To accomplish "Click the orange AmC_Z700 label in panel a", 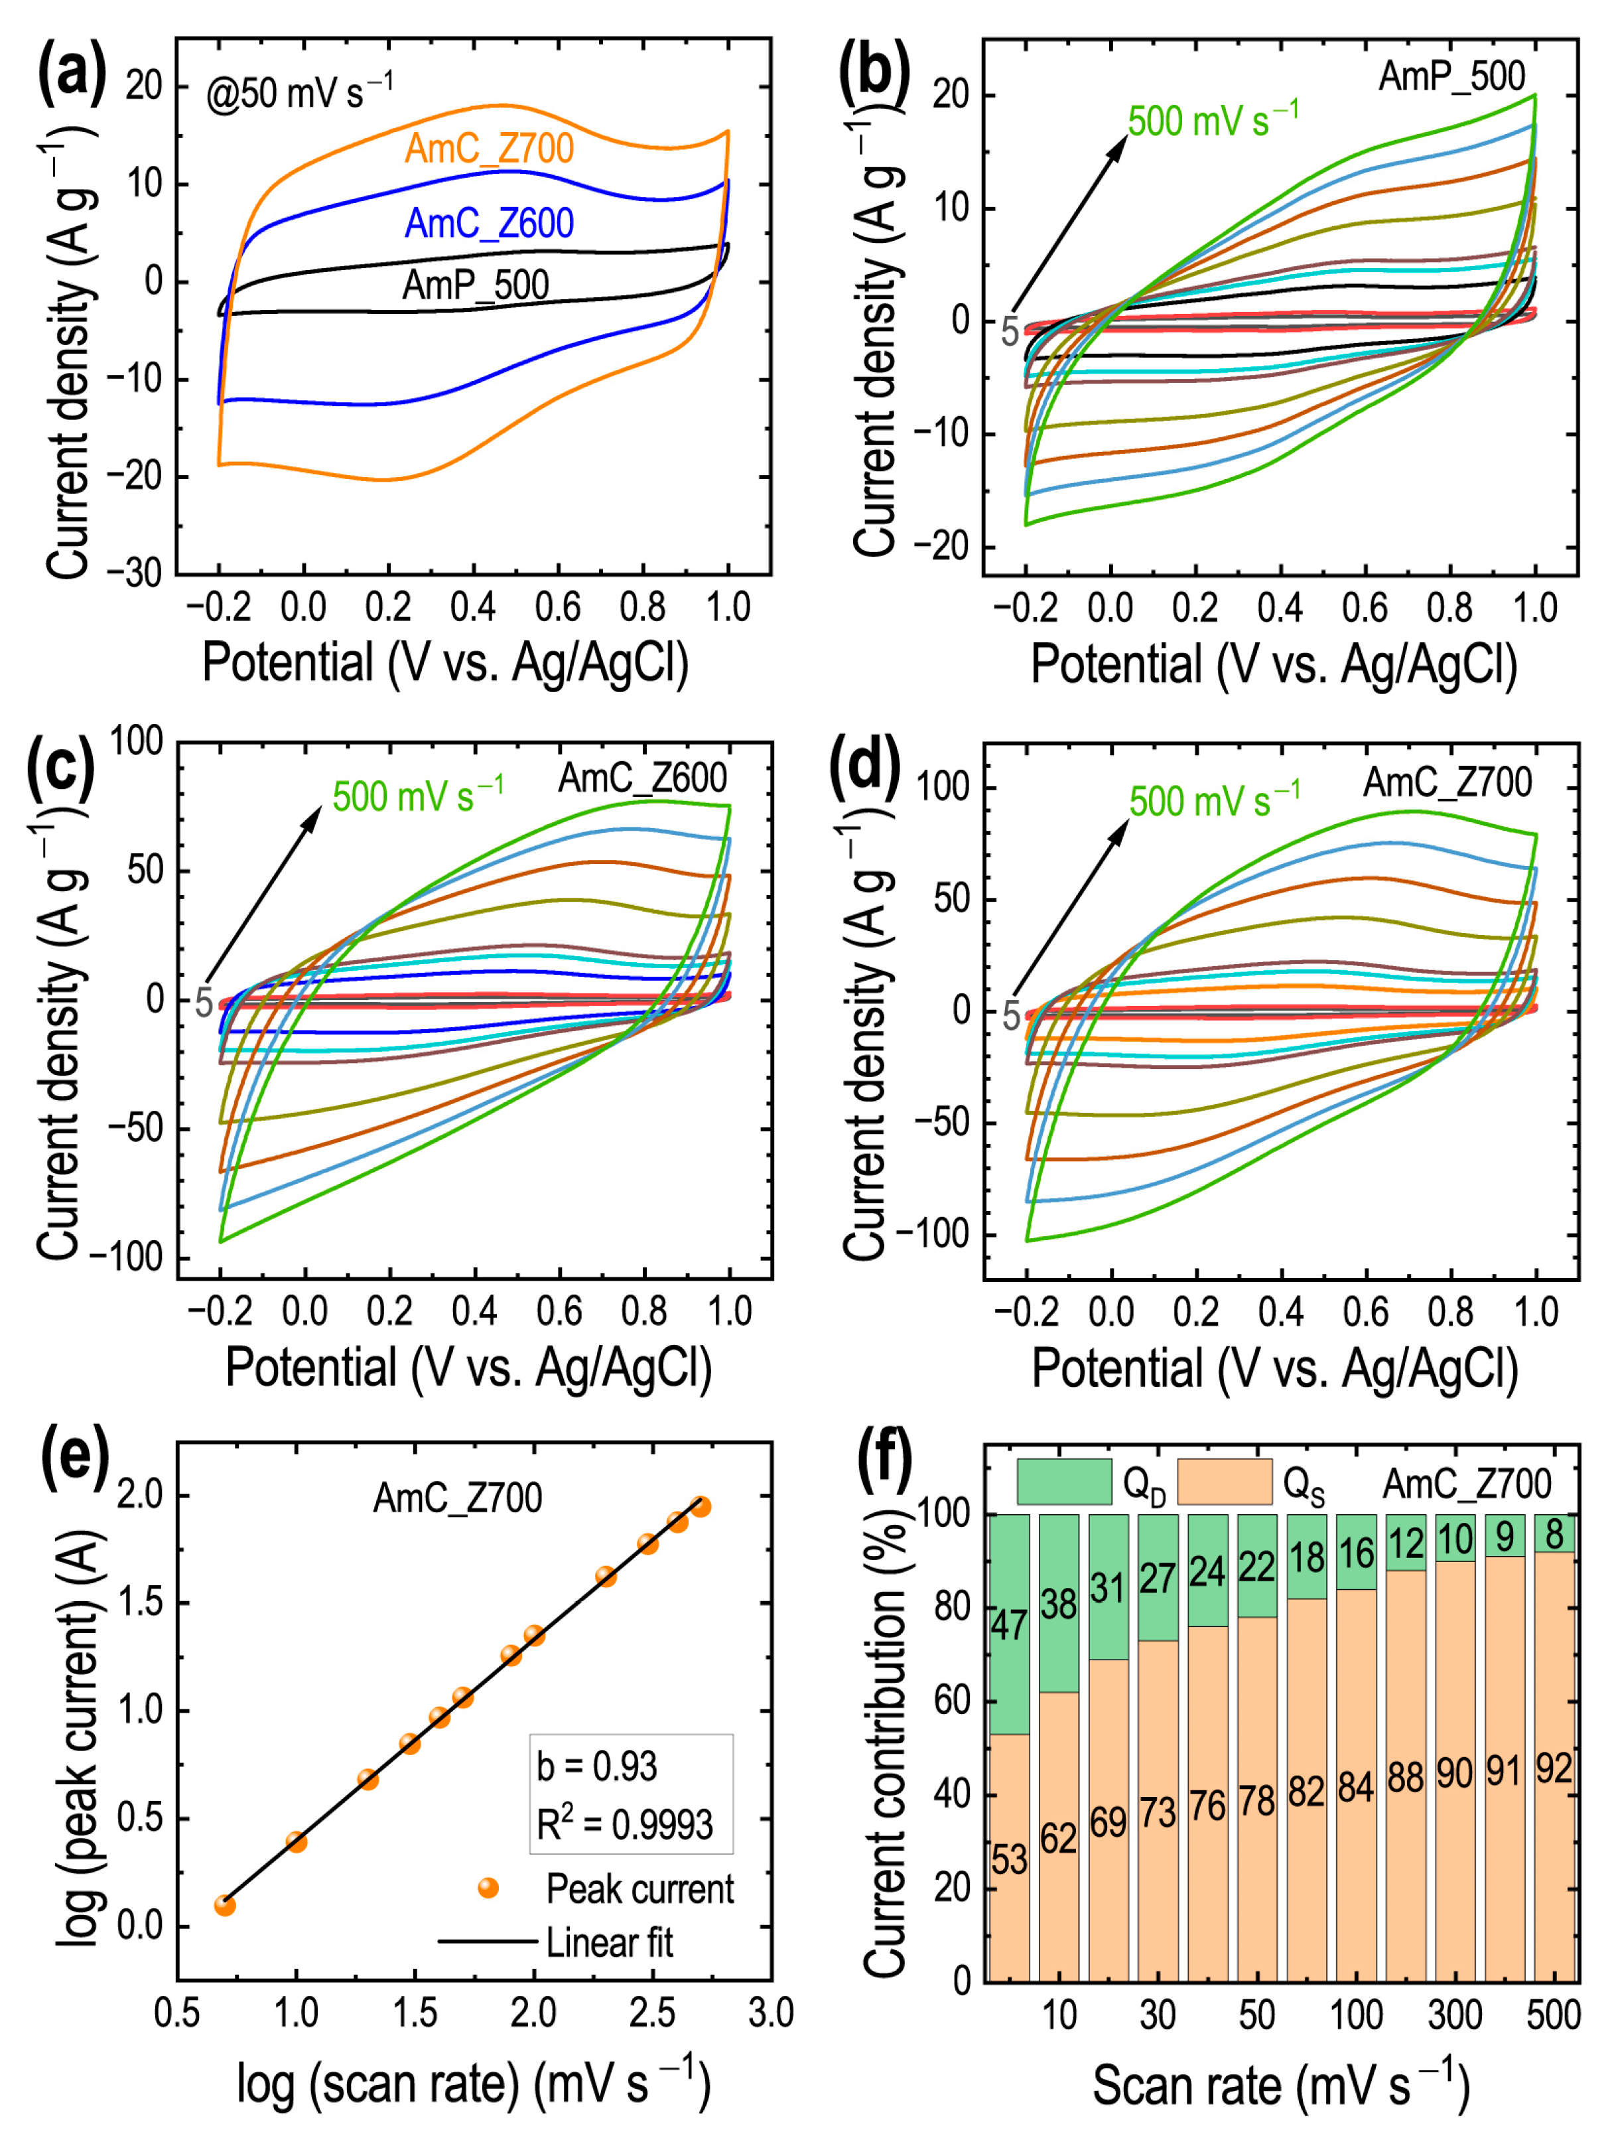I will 489,149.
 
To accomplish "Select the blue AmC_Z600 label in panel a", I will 489,224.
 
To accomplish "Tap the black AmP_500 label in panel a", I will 476,285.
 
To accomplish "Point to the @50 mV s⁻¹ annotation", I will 299,93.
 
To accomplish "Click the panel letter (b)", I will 874,72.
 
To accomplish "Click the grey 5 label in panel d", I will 1011,1015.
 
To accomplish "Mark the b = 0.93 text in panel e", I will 596,1766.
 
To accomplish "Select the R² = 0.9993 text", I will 624,1824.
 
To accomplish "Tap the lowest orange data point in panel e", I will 225,1905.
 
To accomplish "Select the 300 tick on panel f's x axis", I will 1455,2015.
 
